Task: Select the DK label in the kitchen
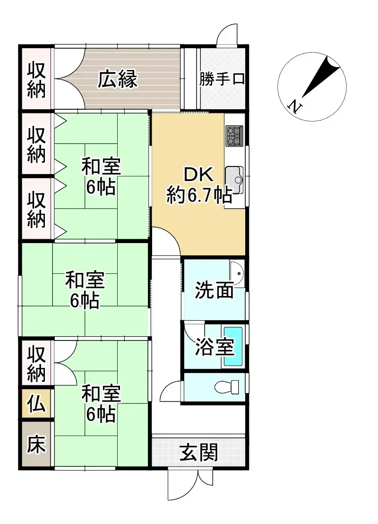(x=198, y=175)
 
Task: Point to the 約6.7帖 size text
(x=198, y=194)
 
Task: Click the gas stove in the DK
(x=234, y=135)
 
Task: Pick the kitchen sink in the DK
(x=234, y=180)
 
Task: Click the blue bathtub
(x=232, y=346)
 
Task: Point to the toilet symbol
(x=226, y=388)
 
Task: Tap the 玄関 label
(x=198, y=453)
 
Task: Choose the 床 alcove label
(x=36, y=445)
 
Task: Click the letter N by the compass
(x=294, y=106)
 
